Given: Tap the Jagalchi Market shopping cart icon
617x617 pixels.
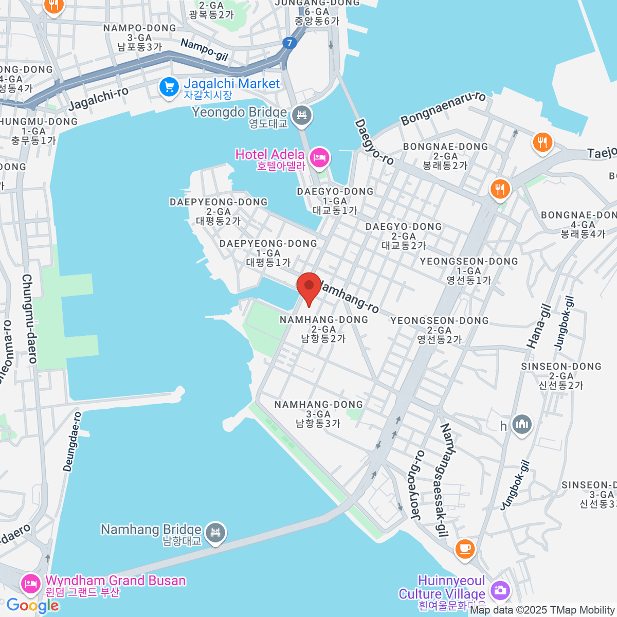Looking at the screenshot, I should (x=169, y=87).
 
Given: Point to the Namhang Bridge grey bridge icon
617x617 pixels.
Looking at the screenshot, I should (x=215, y=533).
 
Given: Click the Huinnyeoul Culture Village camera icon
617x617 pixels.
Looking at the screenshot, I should (x=499, y=590).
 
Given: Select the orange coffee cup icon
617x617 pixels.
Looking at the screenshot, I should (x=465, y=548).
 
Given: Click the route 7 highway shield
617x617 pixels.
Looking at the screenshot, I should (x=290, y=43).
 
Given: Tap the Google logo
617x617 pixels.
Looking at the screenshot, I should (x=32, y=606).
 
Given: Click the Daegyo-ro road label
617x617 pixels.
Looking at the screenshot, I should (x=374, y=142).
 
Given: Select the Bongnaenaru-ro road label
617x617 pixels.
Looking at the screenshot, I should (x=443, y=108).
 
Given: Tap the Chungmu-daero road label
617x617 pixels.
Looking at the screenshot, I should (x=29, y=319).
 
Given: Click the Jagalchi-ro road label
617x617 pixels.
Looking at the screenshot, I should (x=98, y=99).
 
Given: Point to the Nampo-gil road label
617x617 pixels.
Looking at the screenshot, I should (x=204, y=50).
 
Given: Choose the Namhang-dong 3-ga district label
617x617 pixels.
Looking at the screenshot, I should (x=318, y=414).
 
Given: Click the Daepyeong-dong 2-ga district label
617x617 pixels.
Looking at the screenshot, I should (x=219, y=211).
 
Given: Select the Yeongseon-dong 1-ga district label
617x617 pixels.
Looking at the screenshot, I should (x=469, y=271).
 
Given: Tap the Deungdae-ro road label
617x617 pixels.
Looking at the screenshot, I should (x=72, y=441).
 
